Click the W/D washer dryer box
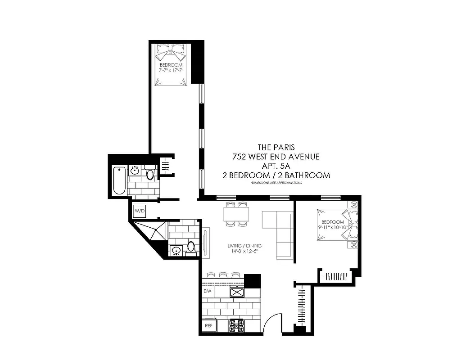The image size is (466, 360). (138, 210)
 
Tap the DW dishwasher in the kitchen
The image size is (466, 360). (208, 292)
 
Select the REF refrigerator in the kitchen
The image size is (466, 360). (208, 325)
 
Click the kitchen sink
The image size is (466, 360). (237, 292)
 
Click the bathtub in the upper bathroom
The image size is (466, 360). (119, 180)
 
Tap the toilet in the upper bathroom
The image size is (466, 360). (150, 173)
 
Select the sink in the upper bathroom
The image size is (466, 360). (135, 171)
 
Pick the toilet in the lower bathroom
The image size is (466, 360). (191, 247)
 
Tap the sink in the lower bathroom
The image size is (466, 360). (176, 250)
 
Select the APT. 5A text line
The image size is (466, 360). (275, 166)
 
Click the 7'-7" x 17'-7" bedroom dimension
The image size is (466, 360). (171, 71)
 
